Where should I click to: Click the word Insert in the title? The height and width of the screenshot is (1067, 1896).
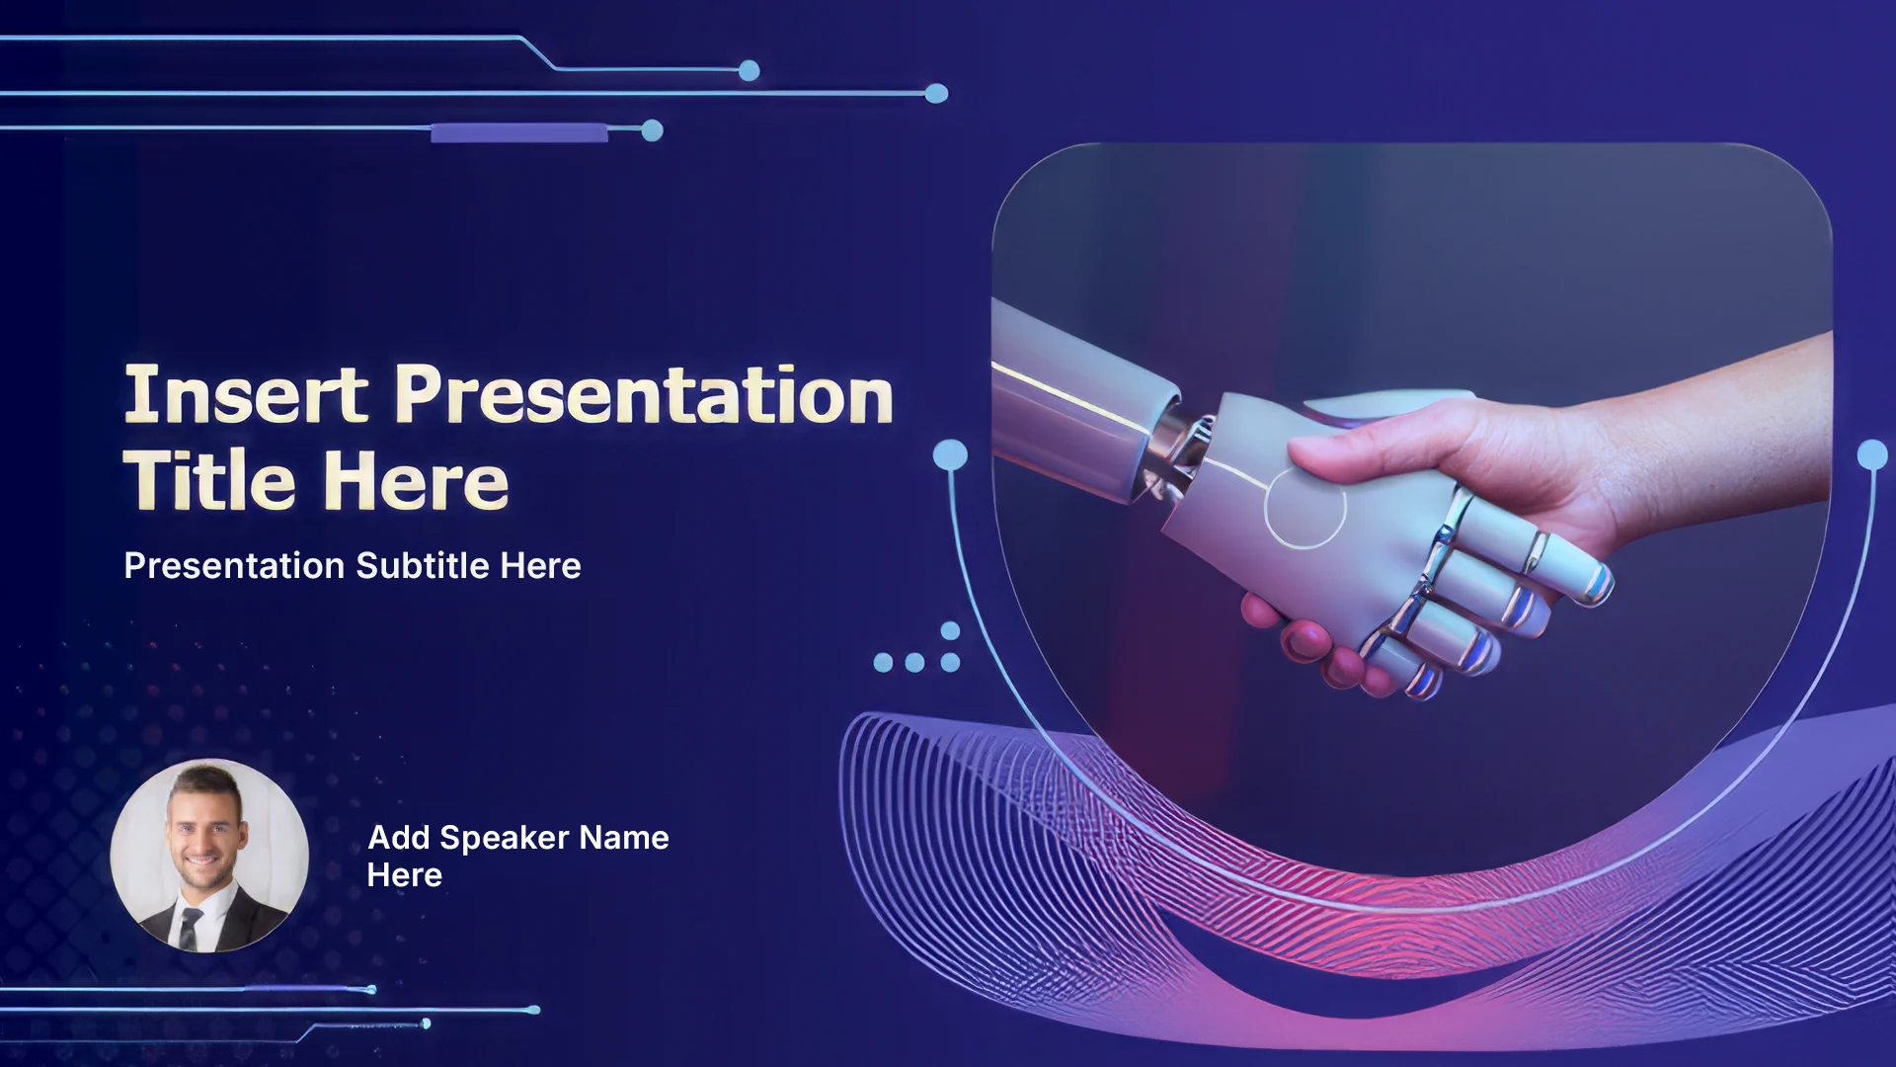(246, 394)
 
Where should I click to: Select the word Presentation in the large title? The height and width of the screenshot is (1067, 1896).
(644, 394)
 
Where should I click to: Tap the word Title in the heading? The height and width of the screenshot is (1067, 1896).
(209, 480)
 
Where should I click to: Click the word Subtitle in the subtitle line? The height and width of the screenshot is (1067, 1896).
(423, 565)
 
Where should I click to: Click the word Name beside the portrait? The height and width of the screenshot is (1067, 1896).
(624, 838)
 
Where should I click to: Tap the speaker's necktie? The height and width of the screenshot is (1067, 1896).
(190, 928)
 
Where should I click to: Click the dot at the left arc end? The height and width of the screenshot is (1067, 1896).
(950, 454)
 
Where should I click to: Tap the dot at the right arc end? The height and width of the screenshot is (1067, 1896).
(1872, 454)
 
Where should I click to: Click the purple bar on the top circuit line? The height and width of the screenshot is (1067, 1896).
(519, 132)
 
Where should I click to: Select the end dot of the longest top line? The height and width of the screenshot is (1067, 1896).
(936, 94)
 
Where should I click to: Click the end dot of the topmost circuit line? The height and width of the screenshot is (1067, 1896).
(750, 70)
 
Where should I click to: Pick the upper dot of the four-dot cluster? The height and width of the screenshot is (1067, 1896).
(950, 630)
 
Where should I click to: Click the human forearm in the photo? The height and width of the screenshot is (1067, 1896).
(1718, 435)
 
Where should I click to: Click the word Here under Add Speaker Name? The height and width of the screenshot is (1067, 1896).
(405, 875)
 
